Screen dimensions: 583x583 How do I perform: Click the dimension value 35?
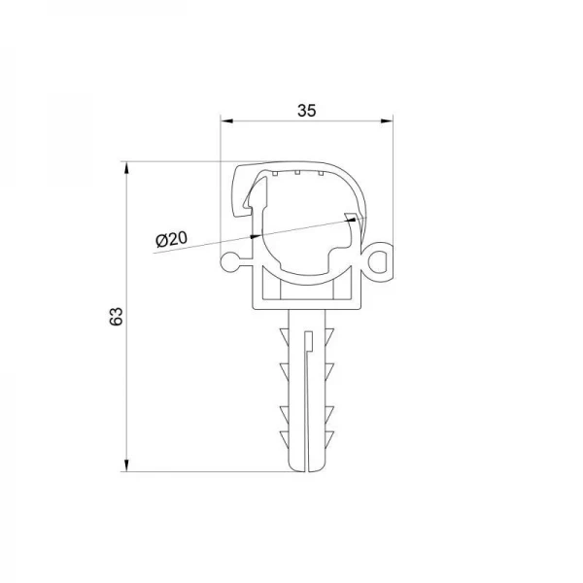pos(307,111)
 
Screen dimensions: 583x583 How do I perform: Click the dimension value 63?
pos(116,316)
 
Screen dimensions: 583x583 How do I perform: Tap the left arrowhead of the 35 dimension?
pos(226,121)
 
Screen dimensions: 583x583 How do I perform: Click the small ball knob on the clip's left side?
pos(229,261)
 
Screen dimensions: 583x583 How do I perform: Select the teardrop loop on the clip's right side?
pos(381,262)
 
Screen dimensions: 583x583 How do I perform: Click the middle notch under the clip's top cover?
pos(294,173)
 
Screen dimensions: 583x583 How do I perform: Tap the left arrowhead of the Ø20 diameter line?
pos(256,234)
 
